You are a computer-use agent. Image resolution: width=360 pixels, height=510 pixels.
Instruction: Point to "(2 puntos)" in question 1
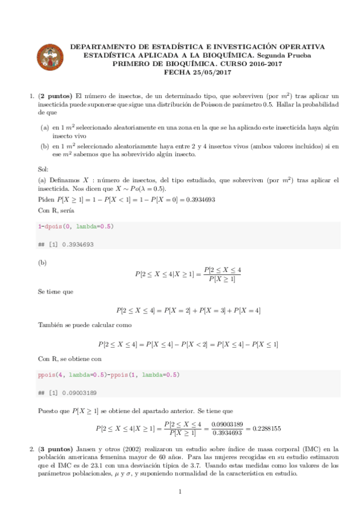(x=56, y=96)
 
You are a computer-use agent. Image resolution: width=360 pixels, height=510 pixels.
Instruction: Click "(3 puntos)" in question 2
(x=56, y=449)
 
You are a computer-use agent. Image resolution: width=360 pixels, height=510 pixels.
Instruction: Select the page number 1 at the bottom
(x=180, y=493)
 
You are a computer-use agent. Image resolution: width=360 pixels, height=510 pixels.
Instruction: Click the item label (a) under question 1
(x=45, y=128)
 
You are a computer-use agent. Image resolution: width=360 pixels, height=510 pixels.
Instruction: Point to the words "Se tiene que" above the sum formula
(x=56, y=292)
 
